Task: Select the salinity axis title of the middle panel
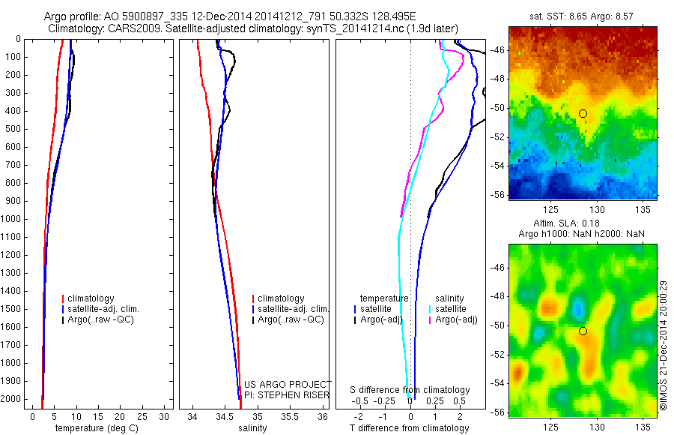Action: pyautogui.click(x=252, y=428)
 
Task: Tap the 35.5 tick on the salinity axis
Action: pyautogui.click(x=289, y=416)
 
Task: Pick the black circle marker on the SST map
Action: pyautogui.click(x=583, y=113)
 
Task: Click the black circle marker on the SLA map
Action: pyautogui.click(x=583, y=331)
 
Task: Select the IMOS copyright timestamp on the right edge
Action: pyautogui.click(x=663, y=344)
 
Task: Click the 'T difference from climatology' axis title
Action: pyautogui.click(x=410, y=428)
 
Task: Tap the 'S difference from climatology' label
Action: pyautogui.click(x=410, y=390)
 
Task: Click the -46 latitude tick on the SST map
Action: pyautogui.click(x=498, y=49)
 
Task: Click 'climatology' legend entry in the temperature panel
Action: pyautogui.click(x=91, y=298)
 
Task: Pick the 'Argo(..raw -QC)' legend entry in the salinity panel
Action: pyautogui.click(x=290, y=319)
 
